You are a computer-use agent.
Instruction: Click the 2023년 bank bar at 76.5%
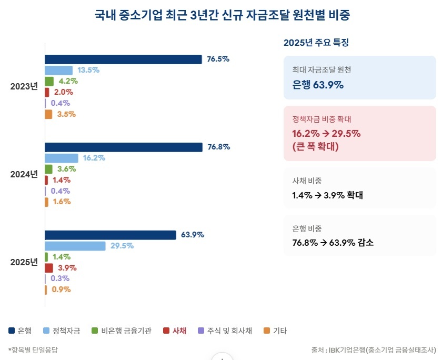pyautogui.click(x=124, y=59)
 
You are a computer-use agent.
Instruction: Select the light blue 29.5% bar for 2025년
pyautogui.click(x=75, y=246)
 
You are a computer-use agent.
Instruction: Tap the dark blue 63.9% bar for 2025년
pyautogui.click(x=110, y=235)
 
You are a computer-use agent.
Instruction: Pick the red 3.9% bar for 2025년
pyautogui.click(x=49, y=268)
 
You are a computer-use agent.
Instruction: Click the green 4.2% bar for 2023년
pyautogui.click(x=49, y=82)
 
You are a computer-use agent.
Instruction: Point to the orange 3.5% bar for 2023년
pyautogui.click(x=48, y=114)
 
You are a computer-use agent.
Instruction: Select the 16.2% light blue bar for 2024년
pyautogui.click(x=62, y=158)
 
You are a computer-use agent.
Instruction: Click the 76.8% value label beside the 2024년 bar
pyautogui.click(x=219, y=147)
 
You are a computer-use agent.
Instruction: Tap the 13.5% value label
pyautogui.click(x=88, y=70)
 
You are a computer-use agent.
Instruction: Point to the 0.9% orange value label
pyautogui.click(x=61, y=289)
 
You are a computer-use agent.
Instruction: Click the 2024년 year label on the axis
pyautogui.click(x=24, y=174)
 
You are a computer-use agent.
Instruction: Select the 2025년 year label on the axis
pyautogui.click(x=24, y=262)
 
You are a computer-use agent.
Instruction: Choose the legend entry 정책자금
pyautogui.click(x=62, y=331)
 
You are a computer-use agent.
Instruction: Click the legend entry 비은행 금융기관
pyautogui.click(x=122, y=331)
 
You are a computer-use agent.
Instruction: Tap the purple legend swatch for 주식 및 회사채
pyautogui.click(x=201, y=331)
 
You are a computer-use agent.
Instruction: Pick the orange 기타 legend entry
pyautogui.click(x=275, y=331)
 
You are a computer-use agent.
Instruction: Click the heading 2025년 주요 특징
pyautogui.click(x=316, y=43)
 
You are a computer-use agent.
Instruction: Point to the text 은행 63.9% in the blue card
pyautogui.click(x=318, y=85)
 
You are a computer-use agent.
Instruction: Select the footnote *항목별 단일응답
pyautogui.click(x=33, y=350)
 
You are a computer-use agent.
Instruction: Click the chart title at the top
pyautogui.click(x=222, y=15)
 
